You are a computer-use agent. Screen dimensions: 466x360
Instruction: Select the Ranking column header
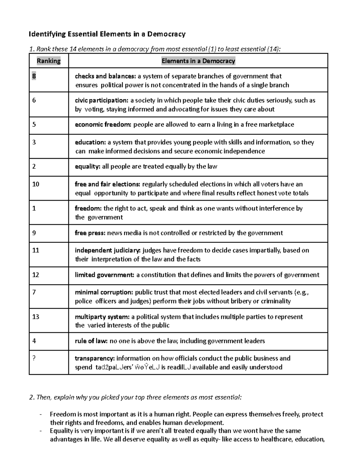coord(49,61)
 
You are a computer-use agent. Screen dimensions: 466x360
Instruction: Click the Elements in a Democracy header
coord(198,61)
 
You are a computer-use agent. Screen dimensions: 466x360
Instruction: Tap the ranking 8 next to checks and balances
coord(34,76)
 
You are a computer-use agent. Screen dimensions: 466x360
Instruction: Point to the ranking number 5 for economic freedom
coord(34,124)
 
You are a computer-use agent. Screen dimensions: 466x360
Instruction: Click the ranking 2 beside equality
coord(34,166)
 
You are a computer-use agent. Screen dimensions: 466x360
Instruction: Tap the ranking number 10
coord(36,184)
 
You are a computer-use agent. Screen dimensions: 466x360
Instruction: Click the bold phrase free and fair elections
coord(107,184)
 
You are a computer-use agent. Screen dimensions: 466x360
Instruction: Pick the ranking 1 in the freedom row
coord(34,208)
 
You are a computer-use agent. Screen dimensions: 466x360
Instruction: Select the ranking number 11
coord(36,250)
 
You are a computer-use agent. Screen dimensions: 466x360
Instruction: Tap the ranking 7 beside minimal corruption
coord(34,292)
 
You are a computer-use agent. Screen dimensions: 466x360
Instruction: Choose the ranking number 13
coord(36,317)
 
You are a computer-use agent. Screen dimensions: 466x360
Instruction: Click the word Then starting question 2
coord(43,398)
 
